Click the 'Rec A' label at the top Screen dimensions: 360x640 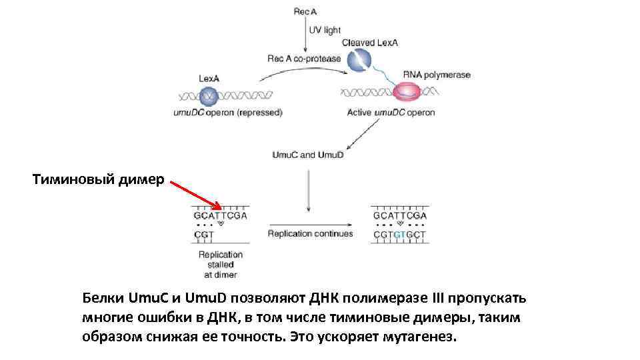pos(306,11)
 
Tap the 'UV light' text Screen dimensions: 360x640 pos(324,31)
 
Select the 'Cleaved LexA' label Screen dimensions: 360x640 pos(370,43)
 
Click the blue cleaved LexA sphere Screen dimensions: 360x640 pos(360,60)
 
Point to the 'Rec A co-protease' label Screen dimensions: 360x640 pos(304,59)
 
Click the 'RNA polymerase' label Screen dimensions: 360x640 pos(437,75)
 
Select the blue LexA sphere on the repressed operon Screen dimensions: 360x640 pos(209,96)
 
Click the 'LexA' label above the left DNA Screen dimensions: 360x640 pos(209,79)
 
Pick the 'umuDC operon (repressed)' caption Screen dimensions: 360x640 pos(228,113)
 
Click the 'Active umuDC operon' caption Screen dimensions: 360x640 pos(391,113)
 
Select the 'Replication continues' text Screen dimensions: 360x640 pos(310,234)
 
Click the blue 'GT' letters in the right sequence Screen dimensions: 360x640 pos(399,235)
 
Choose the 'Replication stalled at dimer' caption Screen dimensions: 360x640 pos(221,264)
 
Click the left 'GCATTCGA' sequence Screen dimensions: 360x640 pos(221,216)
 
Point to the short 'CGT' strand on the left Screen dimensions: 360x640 pos(204,235)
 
